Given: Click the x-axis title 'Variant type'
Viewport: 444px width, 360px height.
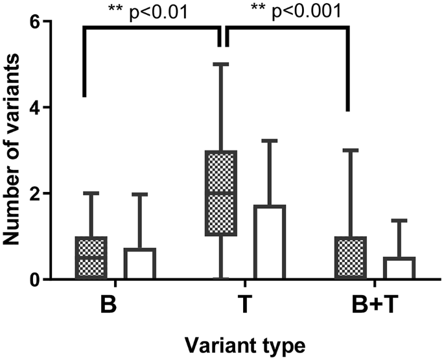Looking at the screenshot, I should [244, 342].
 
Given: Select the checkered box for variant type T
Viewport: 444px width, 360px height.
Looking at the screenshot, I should [220, 193].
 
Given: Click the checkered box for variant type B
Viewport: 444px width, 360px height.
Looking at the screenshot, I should [91, 258].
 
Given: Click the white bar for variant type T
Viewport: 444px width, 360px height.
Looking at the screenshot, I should [270, 243].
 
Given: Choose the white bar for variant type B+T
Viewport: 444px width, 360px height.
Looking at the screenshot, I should [399, 269].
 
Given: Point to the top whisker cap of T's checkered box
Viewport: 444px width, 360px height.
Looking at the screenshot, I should [220, 64].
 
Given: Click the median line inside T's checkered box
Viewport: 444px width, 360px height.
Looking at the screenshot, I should [220, 193].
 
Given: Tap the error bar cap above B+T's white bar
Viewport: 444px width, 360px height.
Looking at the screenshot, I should [399, 221].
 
